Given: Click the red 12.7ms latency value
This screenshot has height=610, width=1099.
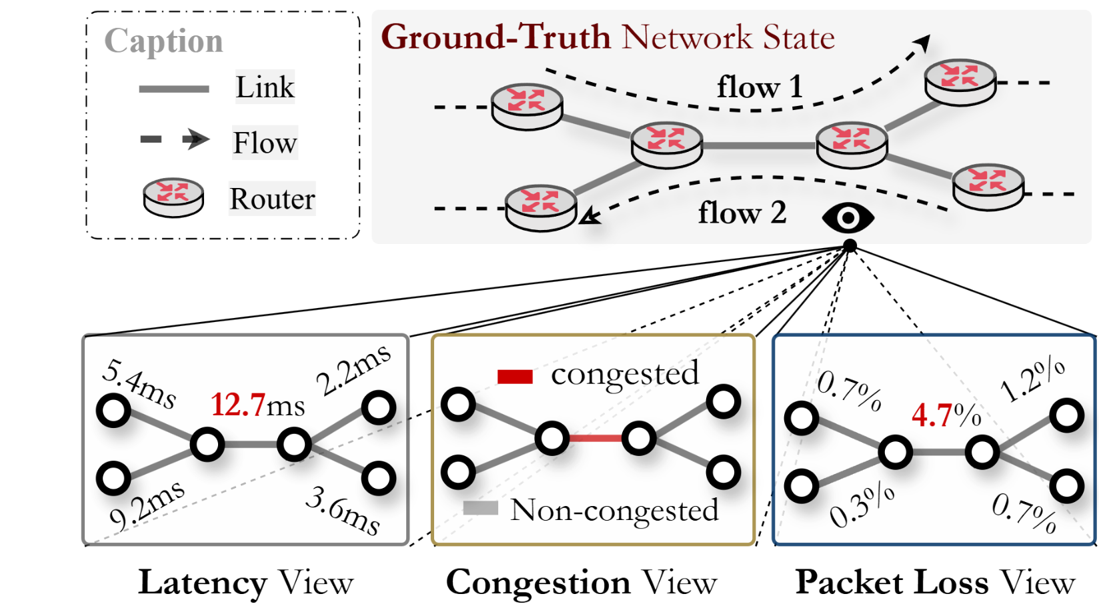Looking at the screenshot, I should [x=257, y=405].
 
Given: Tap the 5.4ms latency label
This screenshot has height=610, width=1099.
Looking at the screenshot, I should [x=139, y=384].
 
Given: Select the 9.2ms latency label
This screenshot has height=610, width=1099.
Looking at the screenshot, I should [x=147, y=507].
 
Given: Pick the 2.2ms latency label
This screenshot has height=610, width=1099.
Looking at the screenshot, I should [x=353, y=370].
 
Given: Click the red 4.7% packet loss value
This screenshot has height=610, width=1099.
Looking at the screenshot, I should [x=946, y=415].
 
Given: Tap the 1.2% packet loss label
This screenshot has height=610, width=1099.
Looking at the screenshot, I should [x=1032, y=380].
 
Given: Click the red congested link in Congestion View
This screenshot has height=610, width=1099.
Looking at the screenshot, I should [x=596, y=438].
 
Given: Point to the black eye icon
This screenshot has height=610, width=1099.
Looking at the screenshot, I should [x=848, y=218].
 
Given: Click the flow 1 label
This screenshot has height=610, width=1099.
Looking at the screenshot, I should [x=759, y=87].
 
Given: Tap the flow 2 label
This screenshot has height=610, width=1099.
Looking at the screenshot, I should [x=742, y=213].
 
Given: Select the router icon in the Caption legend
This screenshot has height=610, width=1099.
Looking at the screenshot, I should [x=173, y=197].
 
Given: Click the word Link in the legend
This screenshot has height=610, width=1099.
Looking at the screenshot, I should [x=265, y=87].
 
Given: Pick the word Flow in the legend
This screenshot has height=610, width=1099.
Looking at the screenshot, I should [x=265, y=143].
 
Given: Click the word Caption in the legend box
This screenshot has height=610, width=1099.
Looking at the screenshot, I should [x=163, y=41].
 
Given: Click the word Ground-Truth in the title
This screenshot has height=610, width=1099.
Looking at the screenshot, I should [x=495, y=37].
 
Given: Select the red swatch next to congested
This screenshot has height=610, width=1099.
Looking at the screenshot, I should [x=515, y=377].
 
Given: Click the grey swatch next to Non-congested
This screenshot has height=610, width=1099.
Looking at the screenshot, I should [x=481, y=508].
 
